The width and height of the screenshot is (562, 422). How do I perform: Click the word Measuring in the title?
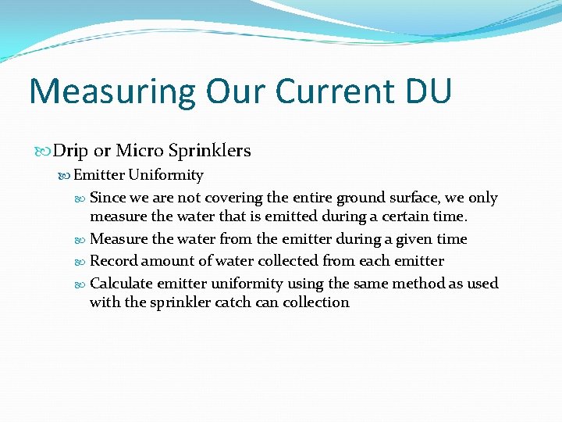tap(112, 91)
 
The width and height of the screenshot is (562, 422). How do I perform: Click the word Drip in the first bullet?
tap(71, 150)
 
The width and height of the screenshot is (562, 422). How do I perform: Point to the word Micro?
tap(138, 150)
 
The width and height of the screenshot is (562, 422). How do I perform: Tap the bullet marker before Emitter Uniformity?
tap(66, 175)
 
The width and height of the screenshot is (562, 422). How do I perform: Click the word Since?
tap(108, 198)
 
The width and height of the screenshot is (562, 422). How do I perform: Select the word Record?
tap(114, 261)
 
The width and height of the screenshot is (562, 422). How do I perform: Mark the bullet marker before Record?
tap(83, 261)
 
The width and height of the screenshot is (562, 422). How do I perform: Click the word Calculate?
tap(121, 283)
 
